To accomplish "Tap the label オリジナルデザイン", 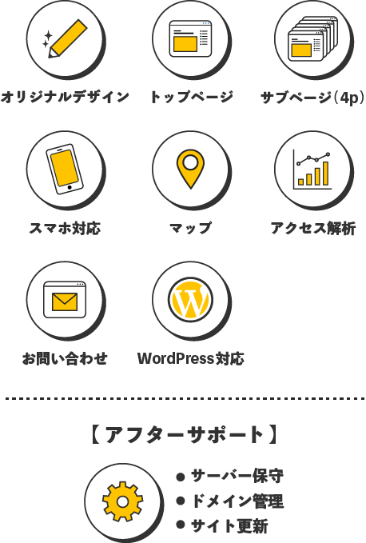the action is [65, 97].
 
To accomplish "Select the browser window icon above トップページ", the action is [190, 38].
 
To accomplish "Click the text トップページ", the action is [191, 97].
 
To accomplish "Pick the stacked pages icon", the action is [312, 38].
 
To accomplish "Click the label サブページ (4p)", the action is [312, 98].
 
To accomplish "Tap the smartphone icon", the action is [65, 170].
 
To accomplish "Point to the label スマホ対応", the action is [65, 228].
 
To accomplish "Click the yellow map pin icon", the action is [190, 169].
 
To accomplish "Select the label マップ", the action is [191, 228].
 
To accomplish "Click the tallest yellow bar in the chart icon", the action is [325, 174].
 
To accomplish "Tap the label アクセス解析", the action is [313, 228].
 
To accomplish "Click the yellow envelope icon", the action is [65, 302].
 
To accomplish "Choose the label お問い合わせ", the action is [65, 359].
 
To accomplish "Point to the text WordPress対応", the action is [191, 359].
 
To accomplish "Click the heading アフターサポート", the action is [185, 435].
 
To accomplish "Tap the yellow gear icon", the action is [122, 501].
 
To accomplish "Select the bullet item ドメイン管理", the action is [237, 501].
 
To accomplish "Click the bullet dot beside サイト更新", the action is [181, 525].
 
